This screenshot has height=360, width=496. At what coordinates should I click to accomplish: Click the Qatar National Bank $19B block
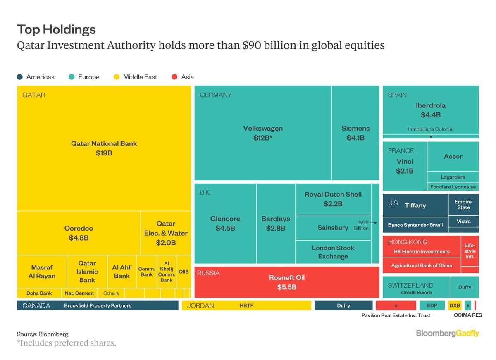(x=104, y=148)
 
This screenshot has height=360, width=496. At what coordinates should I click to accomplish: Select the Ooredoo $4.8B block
(x=79, y=233)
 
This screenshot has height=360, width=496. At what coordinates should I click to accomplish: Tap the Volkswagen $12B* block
(x=263, y=133)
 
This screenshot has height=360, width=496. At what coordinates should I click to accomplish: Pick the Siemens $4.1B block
(x=355, y=133)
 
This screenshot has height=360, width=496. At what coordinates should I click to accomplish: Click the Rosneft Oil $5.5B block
(x=286, y=282)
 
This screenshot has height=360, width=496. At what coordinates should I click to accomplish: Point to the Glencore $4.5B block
(x=225, y=223)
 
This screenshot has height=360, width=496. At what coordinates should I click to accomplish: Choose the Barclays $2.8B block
(x=276, y=223)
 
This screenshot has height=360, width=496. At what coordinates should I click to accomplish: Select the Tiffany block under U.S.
(x=415, y=205)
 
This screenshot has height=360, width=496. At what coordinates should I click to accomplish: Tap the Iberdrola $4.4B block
(x=431, y=110)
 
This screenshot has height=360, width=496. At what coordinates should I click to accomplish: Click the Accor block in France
(x=453, y=157)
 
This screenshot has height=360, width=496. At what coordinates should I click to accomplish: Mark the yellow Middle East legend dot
(x=117, y=77)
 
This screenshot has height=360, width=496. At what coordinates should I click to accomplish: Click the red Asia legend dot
(x=174, y=77)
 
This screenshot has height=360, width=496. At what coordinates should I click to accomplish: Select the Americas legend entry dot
(x=20, y=77)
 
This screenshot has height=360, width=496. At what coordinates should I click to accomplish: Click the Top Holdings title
(x=56, y=29)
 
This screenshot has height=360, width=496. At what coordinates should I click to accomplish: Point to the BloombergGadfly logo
(x=447, y=333)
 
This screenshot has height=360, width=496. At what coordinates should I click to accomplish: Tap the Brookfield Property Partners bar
(x=98, y=306)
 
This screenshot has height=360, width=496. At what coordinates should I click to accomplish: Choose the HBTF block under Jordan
(x=246, y=306)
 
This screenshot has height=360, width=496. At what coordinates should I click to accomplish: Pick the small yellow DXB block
(x=455, y=306)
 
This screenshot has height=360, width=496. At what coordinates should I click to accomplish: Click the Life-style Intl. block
(x=470, y=251)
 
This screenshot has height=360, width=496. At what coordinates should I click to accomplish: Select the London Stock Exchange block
(x=333, y=252)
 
